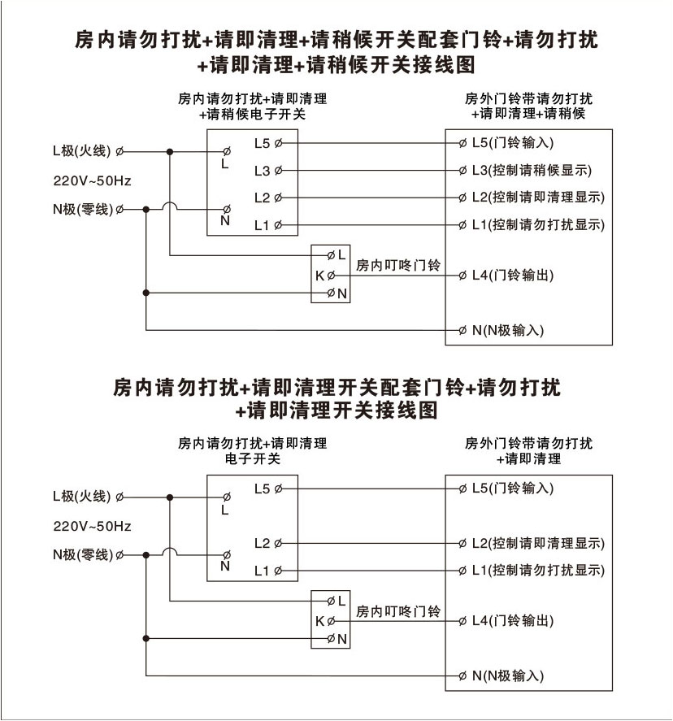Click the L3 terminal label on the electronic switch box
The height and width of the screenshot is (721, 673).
(x=262, y=171)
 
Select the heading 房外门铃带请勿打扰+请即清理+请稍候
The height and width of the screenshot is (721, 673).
(x=528, y=106)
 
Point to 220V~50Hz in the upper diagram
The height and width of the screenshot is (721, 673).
(x=92, y=180)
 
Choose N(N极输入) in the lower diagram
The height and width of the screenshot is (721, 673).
(x=507, y=675)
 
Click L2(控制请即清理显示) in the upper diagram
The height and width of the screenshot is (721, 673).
(x=537, y=198)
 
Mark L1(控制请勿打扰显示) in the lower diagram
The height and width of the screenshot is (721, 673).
(x=537, y=570)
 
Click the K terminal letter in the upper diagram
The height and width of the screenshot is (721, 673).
(x=319, y=276)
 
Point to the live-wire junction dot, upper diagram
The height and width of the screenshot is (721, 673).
(x=170, y=151)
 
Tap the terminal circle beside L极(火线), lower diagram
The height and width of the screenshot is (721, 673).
(x=120, y=496)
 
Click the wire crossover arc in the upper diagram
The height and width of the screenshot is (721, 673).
(x=170, y=208)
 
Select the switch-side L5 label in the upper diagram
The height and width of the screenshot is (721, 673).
(x=262, y=144)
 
